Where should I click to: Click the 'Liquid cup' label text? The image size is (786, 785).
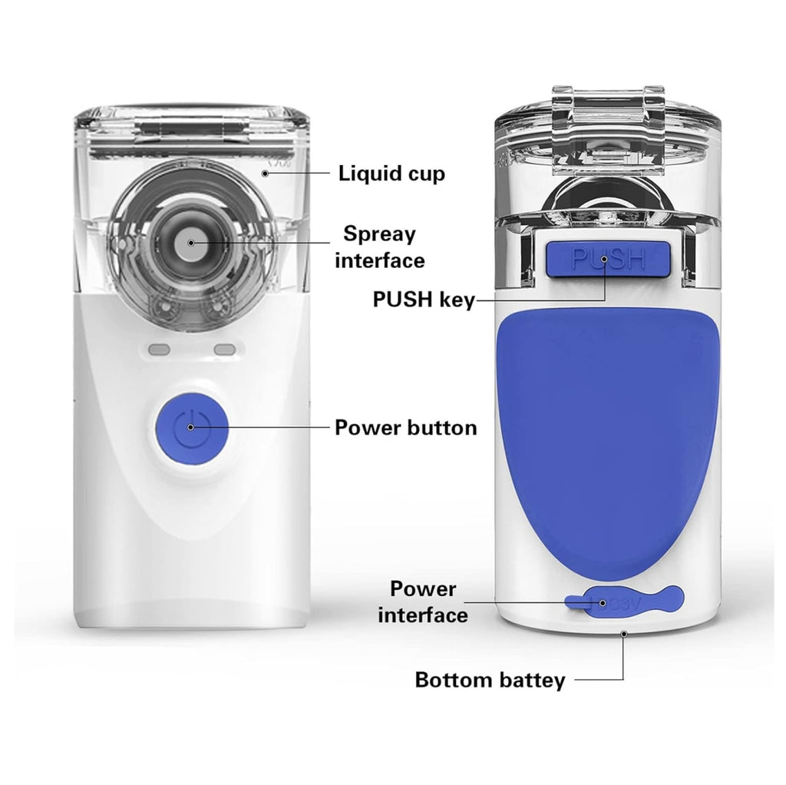(x=391, y=174)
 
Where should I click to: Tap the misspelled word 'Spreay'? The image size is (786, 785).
(x=379, y=235)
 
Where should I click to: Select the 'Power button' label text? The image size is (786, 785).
(x=405, y=428)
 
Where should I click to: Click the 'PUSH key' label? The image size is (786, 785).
(x=424, y=300)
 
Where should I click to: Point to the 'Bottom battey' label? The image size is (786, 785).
(x=490, y=681)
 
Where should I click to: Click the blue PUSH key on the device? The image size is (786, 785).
(x=608, y=259)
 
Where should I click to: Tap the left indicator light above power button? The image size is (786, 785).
(x=159, y=349)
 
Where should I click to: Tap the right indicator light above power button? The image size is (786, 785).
(x=225, y=349)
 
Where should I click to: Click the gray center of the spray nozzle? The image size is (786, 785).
(x=190, y=243)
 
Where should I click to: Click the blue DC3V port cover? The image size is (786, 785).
(x=624, y=600)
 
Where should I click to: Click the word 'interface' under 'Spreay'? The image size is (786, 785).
(x=379, y=261)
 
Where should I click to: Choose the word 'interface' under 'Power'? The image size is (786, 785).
(x=423, y=615)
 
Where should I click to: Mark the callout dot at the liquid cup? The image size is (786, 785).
(x=265, y=174)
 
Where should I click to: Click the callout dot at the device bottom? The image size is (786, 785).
(x=624, y=634)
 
